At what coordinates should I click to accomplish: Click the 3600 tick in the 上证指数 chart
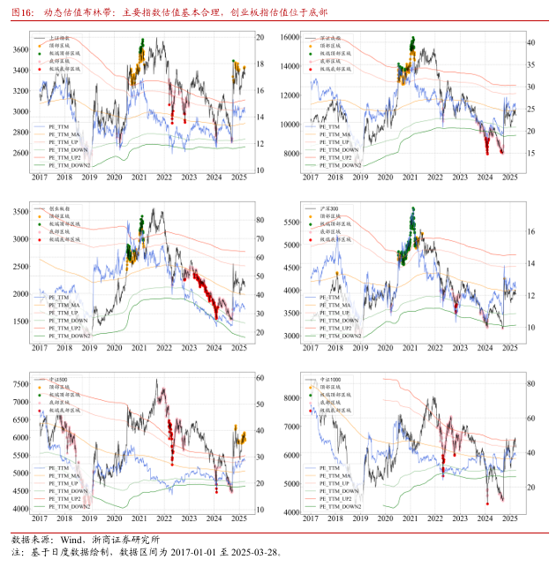(x=20, y=49)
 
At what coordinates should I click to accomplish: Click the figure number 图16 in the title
(x=22, y=14)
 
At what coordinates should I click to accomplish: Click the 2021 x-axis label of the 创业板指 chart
(x=139, y=347)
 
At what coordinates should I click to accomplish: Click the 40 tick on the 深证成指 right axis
(x=531, y=42)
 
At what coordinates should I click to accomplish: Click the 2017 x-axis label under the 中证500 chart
(x=40, y=520)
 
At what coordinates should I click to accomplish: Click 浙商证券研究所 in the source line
(x=128, y=539)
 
